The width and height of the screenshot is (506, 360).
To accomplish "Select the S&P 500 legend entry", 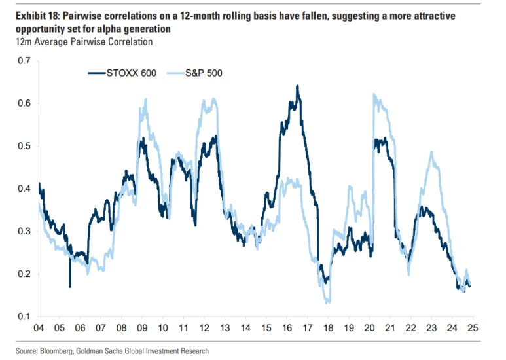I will pyautogui.click(x=204, y=73).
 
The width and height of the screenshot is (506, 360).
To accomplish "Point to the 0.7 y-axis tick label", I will pyautogui.click(x=24, y=61).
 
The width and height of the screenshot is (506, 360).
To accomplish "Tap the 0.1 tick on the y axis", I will pyautogui.click(x=24, y=317).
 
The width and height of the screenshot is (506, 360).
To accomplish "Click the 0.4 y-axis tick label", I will pyautogui.click(x=24, y=189).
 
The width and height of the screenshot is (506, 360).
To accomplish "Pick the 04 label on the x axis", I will pyautogui.click(x=39, y=327).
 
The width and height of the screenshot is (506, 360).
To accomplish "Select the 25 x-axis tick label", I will pyautogui.click(x=471, y=327).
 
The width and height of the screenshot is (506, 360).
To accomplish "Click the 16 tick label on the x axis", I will pyautogui.click(x=286, y=327).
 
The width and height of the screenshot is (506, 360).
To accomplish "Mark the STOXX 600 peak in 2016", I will pyautogui.click(x=297, y=86).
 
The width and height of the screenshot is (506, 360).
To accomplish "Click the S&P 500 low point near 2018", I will pyautogui.click(x=328, y=302).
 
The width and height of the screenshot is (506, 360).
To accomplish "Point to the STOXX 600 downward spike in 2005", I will pyautogui.click(x=69, y=286).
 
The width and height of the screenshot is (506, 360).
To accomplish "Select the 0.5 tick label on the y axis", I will pyautogui.click(x=24, y=146).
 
